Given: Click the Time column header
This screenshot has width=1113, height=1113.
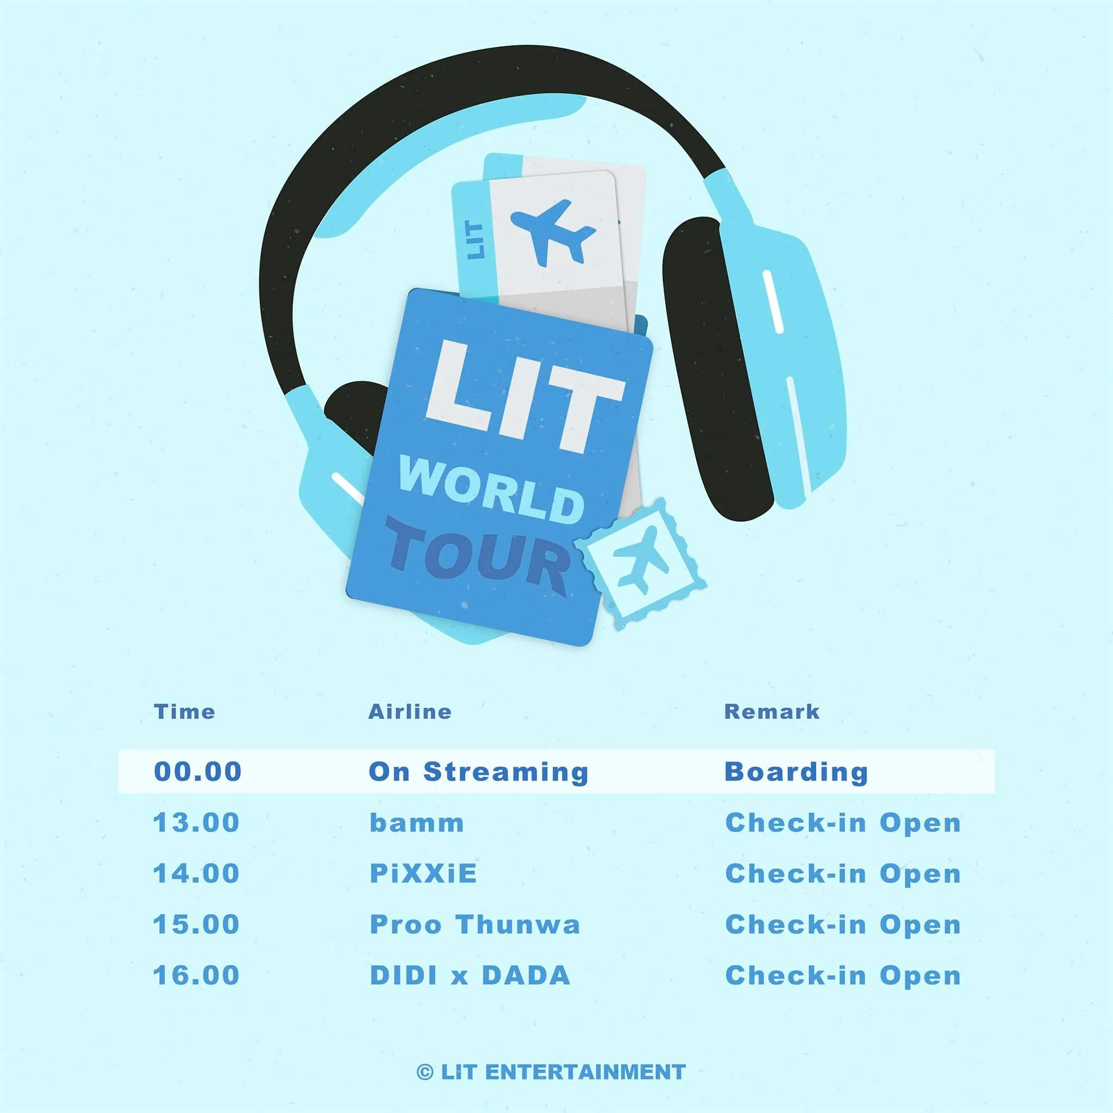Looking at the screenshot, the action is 184,712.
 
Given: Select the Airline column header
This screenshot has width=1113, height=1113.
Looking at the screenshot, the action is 410,712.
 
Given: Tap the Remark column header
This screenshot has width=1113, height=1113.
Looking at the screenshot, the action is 771,712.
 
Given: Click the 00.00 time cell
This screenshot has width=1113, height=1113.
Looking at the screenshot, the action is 198,772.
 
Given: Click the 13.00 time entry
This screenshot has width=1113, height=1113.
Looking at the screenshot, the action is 196,823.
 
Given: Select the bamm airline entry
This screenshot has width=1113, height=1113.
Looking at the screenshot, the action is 416,823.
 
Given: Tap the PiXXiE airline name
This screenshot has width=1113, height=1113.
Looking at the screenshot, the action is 423,873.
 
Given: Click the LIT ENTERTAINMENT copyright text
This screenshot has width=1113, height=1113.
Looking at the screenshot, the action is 551,1072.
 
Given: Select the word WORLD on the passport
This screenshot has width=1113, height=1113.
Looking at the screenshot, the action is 491,488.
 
